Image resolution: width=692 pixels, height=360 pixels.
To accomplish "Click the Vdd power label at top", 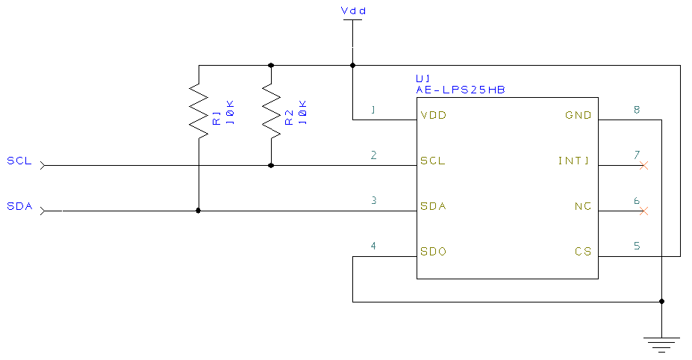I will pos(353,10).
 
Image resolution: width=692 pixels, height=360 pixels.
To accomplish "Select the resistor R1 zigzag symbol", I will pos(198,111).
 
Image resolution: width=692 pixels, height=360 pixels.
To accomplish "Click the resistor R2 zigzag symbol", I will pos(270,111).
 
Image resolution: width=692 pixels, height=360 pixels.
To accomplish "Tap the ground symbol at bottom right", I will pos(661,344).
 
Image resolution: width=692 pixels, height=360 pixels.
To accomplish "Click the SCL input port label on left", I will pos(19,161).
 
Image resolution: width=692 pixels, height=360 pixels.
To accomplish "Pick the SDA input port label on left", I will pos(19,206).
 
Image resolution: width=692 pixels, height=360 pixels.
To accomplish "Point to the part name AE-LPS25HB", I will pos(461,90).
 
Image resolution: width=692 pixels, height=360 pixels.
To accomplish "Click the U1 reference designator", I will pos(423,78).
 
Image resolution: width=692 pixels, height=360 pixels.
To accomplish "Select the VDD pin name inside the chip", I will pos(433,116).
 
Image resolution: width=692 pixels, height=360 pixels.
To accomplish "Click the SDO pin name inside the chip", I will pos(433,252).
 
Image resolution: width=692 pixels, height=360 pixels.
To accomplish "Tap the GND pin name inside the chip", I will pos(579,116).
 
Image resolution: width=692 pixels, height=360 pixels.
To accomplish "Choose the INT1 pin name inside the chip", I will pos(574,161).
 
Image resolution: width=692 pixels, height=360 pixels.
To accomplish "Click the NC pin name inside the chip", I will pos(582,206).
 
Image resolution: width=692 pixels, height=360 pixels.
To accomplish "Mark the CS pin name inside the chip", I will pos(583,252).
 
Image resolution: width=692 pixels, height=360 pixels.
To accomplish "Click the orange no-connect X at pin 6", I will pos(644,211).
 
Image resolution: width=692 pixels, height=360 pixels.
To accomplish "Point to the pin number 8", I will pos(636,110).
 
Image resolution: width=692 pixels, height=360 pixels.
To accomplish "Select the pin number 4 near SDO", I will pos(373,246).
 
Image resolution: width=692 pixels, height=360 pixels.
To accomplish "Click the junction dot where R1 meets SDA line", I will pos(198,211).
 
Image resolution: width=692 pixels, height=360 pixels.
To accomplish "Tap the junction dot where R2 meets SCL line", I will pos(270,165).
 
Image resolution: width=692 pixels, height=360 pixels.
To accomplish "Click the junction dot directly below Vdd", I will pos(352,65).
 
